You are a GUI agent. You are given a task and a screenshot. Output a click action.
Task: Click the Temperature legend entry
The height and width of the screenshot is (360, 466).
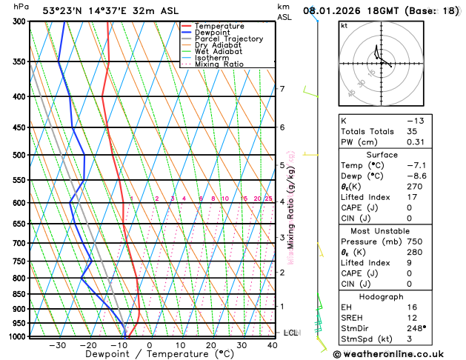[219, 26]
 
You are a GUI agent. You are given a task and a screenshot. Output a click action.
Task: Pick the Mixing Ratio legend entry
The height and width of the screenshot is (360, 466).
[219, 64]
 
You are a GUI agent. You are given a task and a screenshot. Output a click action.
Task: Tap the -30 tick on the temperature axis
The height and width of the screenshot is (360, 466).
[56, 345]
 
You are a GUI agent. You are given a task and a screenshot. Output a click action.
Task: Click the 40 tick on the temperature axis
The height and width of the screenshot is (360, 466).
[273, 345]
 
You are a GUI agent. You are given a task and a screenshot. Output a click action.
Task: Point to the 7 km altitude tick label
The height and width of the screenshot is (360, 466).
[282, 90]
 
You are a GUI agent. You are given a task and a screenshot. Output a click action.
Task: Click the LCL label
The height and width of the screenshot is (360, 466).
[290, 333]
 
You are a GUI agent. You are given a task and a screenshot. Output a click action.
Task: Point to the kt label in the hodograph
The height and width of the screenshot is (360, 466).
[344, 26]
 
